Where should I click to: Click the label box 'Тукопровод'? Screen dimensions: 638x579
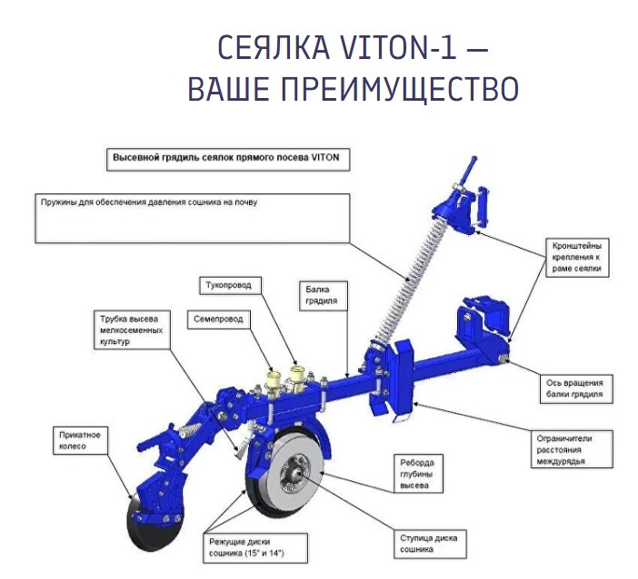point(230,286)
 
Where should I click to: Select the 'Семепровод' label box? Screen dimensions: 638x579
point(218,319)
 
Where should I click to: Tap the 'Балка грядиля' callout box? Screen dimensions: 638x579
point(324,295)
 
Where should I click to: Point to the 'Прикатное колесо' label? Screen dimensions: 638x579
point(81,440)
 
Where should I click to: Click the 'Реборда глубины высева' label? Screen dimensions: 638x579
point(418,474)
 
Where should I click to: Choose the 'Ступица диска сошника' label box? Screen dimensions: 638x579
point(430,544)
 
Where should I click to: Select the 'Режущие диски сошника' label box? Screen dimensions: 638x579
point(255,548)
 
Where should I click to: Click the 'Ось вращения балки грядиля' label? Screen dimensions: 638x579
point(576,388)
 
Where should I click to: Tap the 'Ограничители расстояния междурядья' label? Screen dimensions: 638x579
point(572,449)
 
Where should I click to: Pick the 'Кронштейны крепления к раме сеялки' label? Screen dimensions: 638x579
point(577,257)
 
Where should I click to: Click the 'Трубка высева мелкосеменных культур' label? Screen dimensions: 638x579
point(132,330)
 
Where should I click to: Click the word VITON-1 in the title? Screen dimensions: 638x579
point(397,47)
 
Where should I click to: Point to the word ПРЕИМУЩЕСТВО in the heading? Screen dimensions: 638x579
point(400,88)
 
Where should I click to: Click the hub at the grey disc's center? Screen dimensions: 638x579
point(298,473)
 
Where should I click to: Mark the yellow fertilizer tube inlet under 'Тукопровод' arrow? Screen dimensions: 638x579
point(297,376)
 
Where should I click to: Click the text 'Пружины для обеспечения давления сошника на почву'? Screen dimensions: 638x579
point(149,202)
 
